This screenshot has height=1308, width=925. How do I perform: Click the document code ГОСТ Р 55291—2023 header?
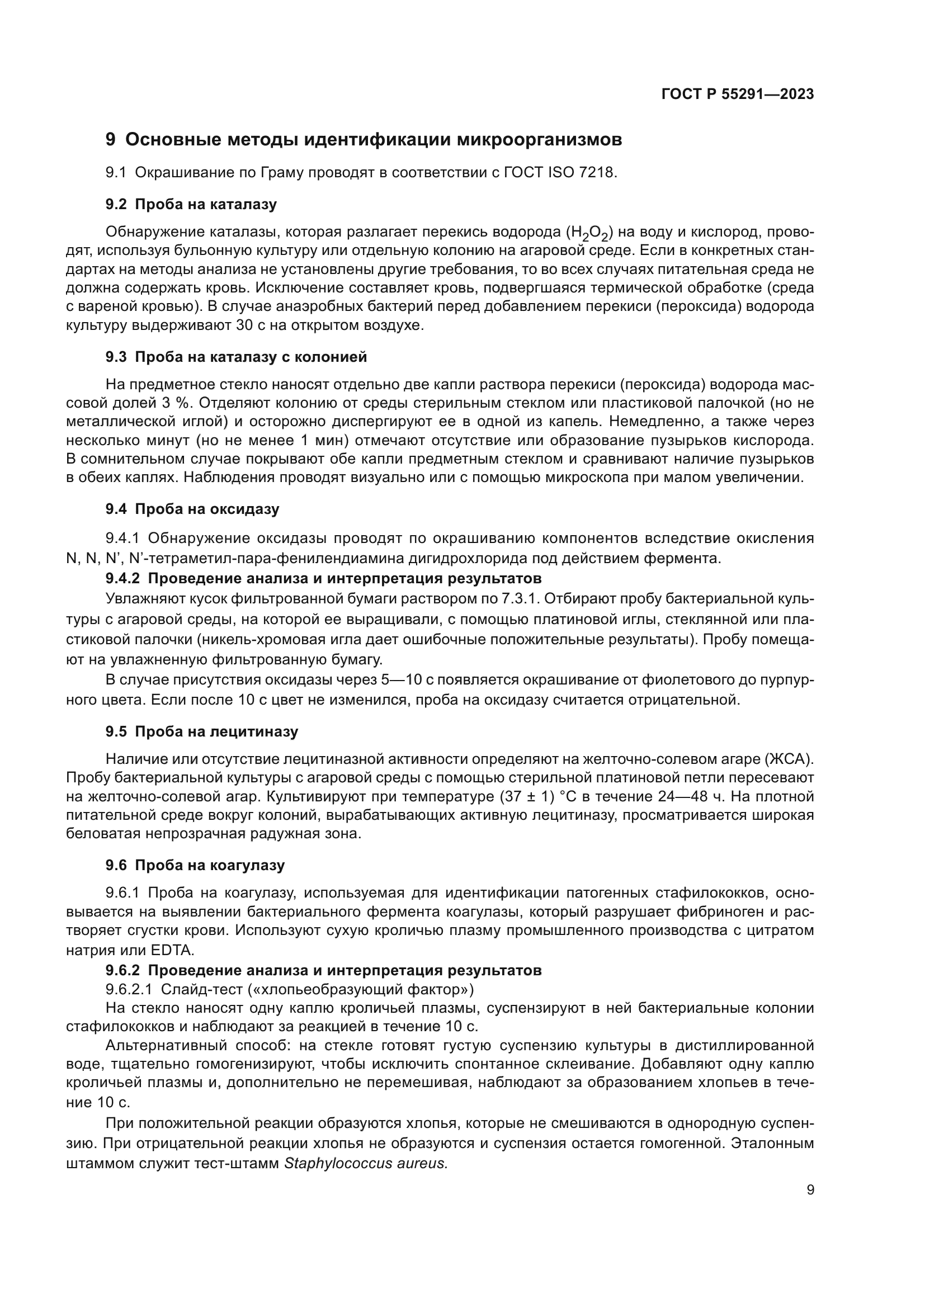737,95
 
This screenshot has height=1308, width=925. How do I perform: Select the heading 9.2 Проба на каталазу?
191,205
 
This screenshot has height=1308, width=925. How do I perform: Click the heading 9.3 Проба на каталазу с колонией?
236,357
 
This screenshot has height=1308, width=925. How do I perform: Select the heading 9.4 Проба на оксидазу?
192,509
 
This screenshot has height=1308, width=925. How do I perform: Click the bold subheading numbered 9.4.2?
323,579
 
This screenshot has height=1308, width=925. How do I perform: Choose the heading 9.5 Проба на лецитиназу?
202,732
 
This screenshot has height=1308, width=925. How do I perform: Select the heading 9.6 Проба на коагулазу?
195,865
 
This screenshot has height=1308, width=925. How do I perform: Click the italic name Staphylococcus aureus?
366,1163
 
